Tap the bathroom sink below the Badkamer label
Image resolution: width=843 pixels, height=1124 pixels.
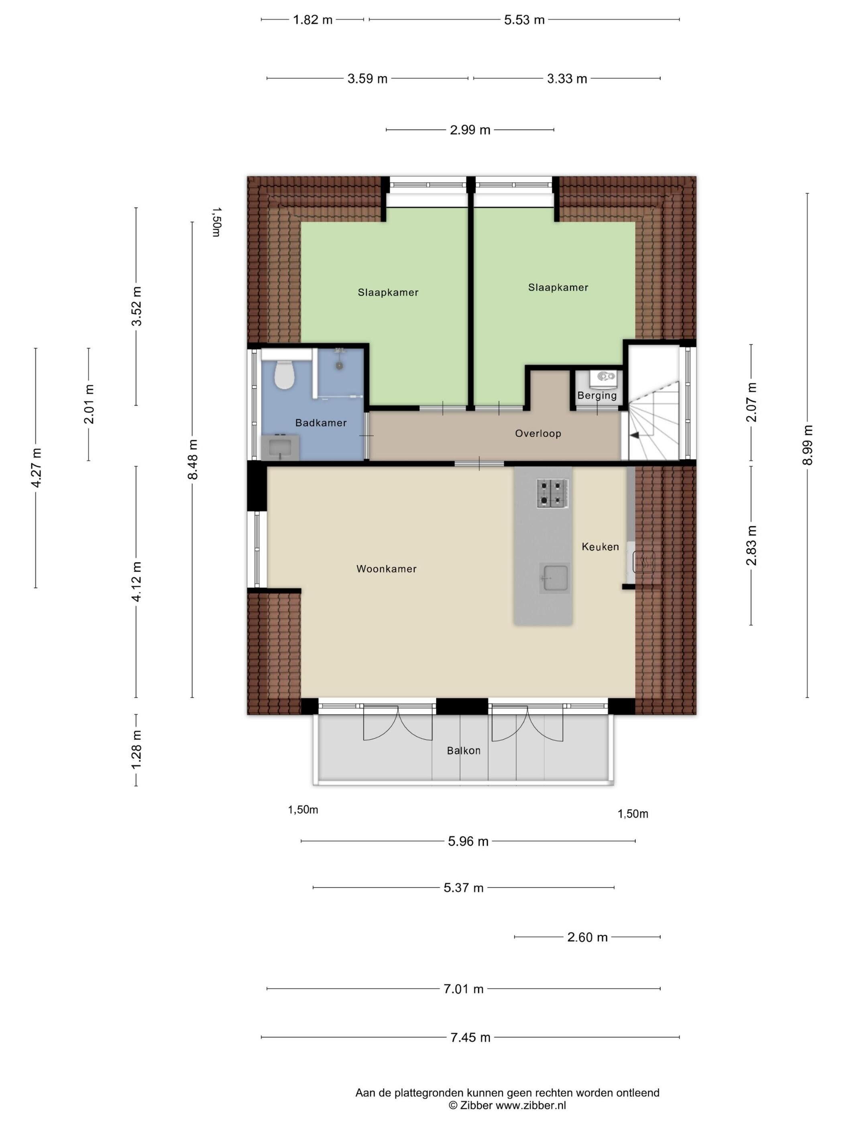coord(280,448)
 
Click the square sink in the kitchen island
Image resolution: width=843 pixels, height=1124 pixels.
coord(554,577)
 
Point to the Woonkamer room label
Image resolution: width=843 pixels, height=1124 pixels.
coord(386,568)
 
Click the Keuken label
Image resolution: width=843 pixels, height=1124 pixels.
coord(600,547)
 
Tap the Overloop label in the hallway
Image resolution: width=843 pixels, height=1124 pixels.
coord(538,434)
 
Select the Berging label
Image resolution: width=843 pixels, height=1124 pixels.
coord(597,395)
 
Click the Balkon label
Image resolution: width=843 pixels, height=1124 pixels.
coord(463,751)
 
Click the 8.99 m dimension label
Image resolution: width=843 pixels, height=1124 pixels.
coord(808,445)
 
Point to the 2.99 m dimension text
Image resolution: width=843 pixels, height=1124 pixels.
coord(470,130)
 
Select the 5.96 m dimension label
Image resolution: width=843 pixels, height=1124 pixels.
coord(468,841)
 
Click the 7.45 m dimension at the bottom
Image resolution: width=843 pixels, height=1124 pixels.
coord(470,1037)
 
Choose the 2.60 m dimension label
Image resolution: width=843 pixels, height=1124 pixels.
coord(587,937)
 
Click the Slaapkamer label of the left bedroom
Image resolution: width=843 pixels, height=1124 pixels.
coord(388,292)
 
